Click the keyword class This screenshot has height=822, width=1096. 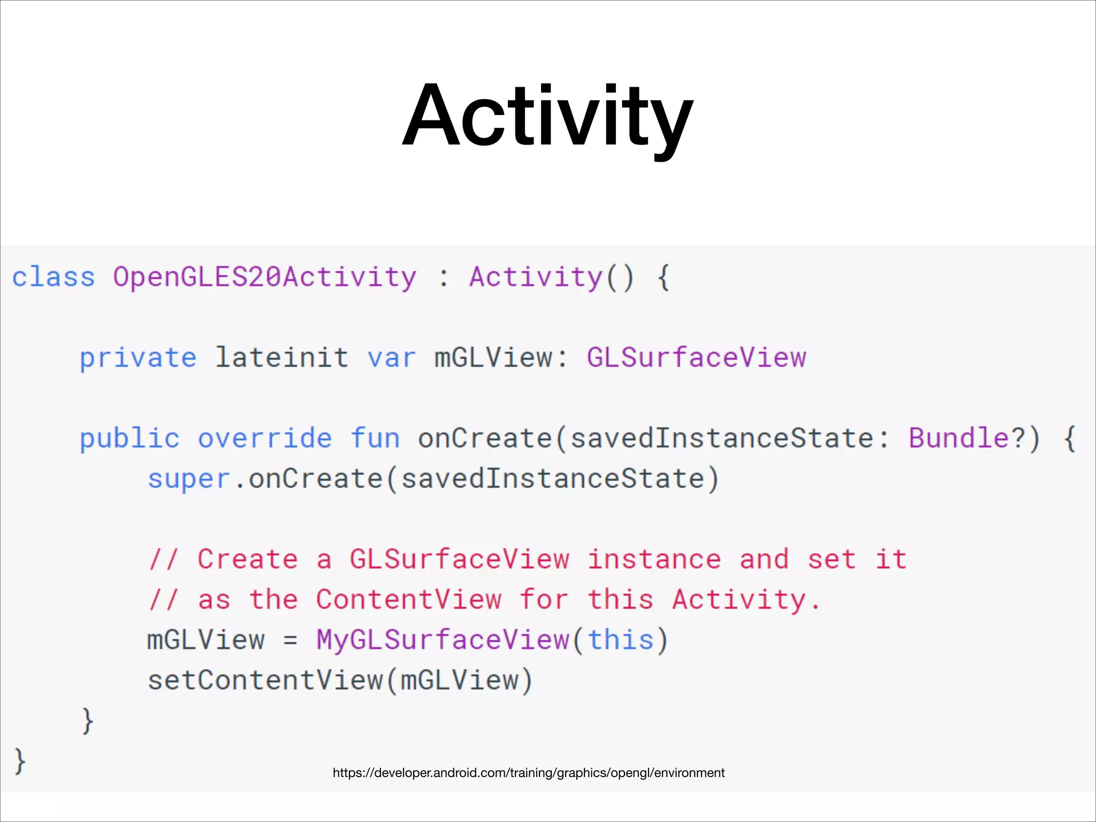(54, 278)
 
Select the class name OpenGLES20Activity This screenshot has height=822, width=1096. (264, 278)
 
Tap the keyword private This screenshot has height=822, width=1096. (138, 358)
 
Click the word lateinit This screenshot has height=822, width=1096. (281, 357)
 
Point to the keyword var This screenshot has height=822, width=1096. (391, 358)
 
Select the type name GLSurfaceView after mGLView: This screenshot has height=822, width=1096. (696, 357)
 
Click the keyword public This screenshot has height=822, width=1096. (129, 439)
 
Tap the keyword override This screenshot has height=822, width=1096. (265, 439)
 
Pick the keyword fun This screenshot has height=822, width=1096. (375, 439)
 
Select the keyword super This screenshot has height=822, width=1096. (188, 479)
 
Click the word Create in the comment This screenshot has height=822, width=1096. (247, 560)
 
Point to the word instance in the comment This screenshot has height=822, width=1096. (654, 560)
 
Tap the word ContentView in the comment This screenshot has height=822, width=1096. (408, 600)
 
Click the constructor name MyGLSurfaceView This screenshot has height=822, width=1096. (443, 640)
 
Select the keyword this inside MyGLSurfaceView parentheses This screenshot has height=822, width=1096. (621, 640)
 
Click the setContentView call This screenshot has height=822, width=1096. (265, 681)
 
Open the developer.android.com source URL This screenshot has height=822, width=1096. (528, 773)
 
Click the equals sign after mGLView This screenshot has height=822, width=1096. (290, 641)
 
